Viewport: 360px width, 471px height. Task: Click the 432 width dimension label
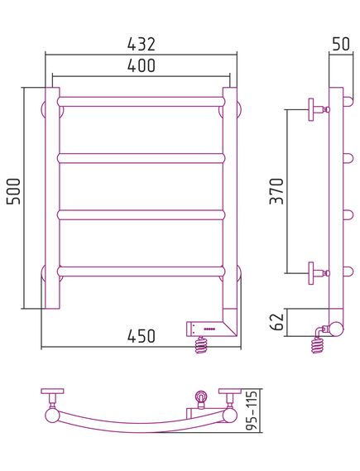[x=142, y=44]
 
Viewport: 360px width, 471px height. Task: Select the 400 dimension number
[x=142, y=65]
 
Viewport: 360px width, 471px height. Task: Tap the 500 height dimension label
[x=14, y=191]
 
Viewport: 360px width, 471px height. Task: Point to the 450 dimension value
[x=142, y=336]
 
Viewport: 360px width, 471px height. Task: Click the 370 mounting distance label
[x=276, y=191]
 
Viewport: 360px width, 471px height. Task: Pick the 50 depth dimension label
[x=341, y=44]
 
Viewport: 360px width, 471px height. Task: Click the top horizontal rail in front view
[x=142, y=102]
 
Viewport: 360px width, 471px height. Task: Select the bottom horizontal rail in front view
[x=142, y=271]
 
